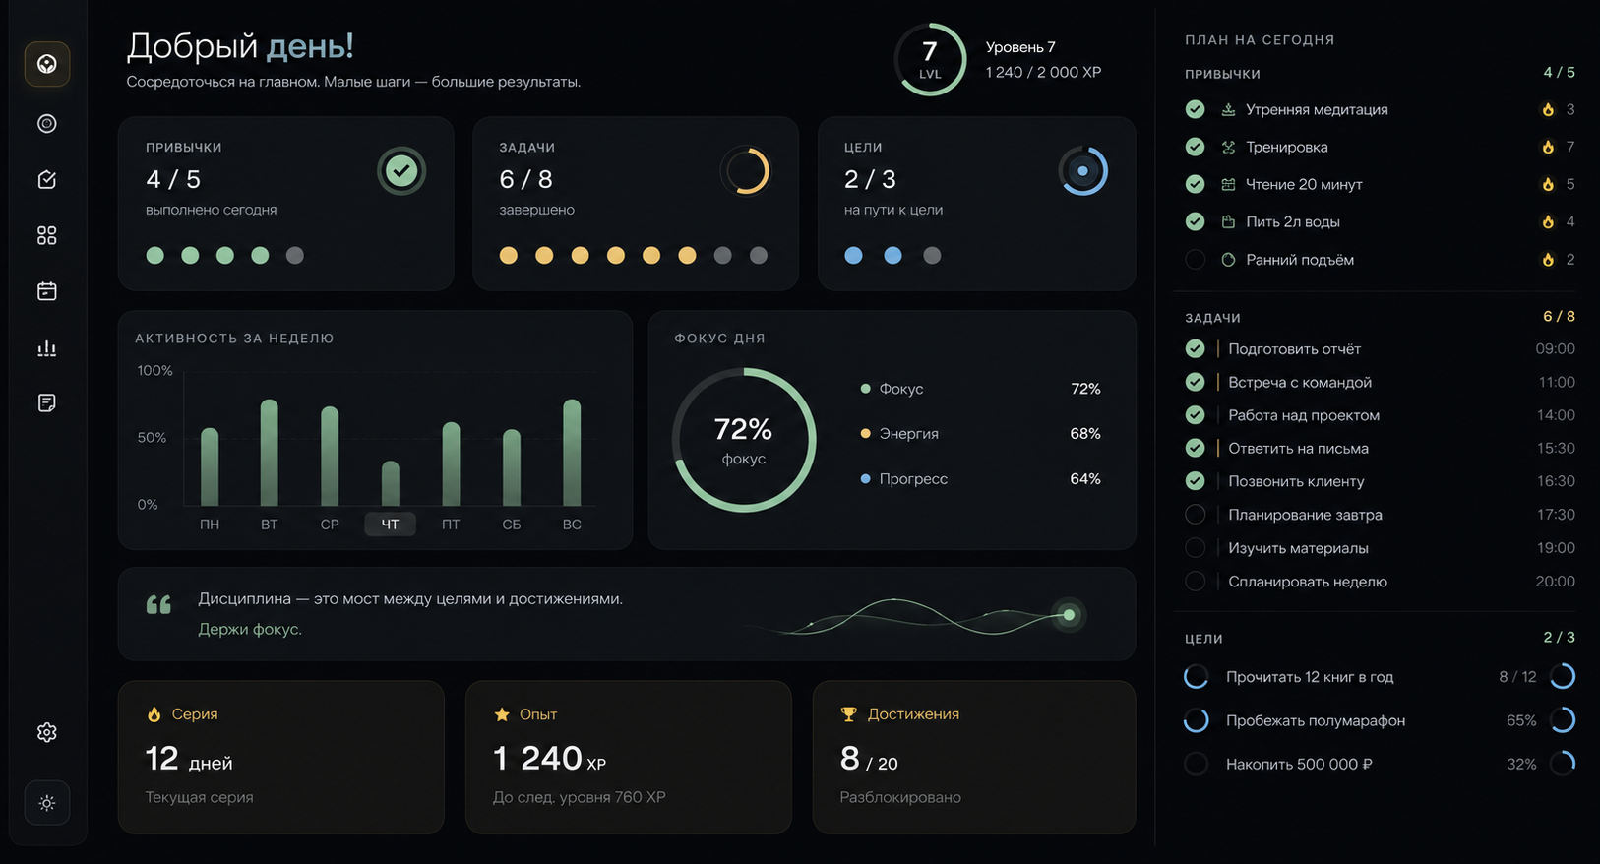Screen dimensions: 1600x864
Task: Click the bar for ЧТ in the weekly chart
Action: [390, 483]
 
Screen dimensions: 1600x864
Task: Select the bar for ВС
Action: [572, 453]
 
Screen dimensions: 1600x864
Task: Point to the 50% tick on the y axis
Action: [152, 437]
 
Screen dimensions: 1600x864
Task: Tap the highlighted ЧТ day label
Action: [390, 525]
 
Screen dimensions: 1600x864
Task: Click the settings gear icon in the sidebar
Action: [47, 732]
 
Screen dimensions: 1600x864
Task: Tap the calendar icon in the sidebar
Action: [47, 291]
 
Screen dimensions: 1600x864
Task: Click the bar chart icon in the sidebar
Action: [47, 347]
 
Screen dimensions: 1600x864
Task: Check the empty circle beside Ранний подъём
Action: [1195, 259]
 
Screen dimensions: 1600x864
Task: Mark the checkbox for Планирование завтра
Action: [1195, 514]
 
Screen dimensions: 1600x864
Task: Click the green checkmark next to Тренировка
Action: [1195, 147]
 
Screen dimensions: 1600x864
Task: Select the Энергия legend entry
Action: [900, 433]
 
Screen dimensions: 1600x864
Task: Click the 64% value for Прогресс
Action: [1085, 478]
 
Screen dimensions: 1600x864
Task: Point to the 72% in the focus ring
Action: [743, 429]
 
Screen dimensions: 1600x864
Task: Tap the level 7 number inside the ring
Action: [929, 51]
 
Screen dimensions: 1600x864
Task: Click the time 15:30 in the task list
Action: [1556, 448]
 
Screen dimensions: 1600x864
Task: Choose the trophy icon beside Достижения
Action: [848, 714]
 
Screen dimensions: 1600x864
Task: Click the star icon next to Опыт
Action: [502, 714]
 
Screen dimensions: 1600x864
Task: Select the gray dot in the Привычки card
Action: [295, 255]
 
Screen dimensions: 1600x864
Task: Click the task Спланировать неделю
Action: [1308, 582]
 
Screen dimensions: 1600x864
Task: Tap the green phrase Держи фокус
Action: [250, 629]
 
